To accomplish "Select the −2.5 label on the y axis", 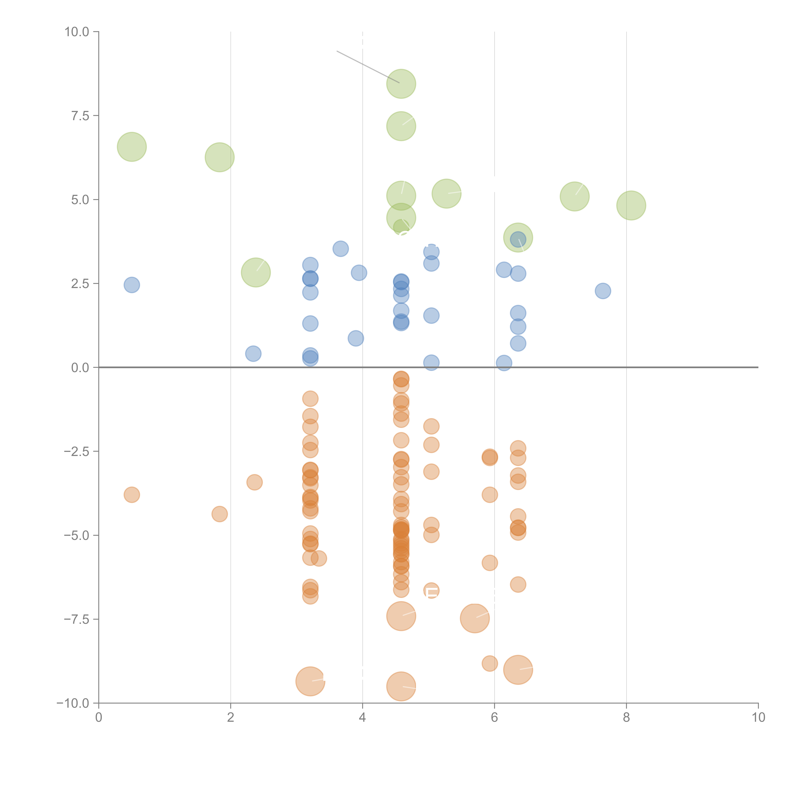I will [76, 451].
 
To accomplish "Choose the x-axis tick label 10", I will [758, 718].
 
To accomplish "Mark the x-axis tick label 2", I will [231, 718].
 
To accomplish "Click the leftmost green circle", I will [132, 147].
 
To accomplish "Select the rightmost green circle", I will [631, 205].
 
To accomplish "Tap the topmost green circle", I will [401, 84].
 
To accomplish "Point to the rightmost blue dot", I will [603, 291].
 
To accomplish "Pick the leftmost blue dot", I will [132, 285].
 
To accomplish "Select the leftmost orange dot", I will [132, 495].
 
